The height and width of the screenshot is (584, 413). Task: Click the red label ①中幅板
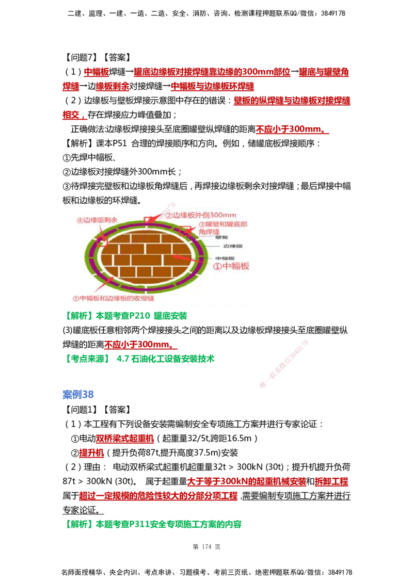(x=232, y=267)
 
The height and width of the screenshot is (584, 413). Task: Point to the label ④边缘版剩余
(x=97, y=220)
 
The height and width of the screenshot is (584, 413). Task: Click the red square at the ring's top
(x=149, y=220)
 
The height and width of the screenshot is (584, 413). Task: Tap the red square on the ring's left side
(x=103, y=241)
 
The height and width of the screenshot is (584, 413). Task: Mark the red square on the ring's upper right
(x=185, y=230)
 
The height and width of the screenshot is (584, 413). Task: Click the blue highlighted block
(x=78, y=395)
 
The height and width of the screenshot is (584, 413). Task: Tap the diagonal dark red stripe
(x=284, y=363)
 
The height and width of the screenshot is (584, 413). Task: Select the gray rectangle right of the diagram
(x=336, y=256)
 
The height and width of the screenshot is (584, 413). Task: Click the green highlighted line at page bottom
(x=154, y=524)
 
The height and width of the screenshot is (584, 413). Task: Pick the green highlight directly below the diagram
(x=128, y=316)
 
